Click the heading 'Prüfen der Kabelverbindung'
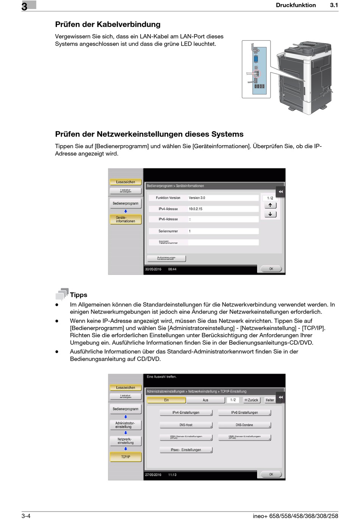pyautogui.click(x=108, y=25)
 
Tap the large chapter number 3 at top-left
pyautogui.click(x=25, y=6)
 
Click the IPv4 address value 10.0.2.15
pyautogui.click(x=196, y=209)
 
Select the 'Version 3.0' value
pyautogui.click(x=197, y=198)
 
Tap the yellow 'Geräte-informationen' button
pyautogui.click(x=125, y=220)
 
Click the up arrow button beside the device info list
pyautogui.click(x=270, y=206)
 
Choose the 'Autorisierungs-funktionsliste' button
pyautogui.click(x=166, y=258)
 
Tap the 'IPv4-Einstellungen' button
pyautogui.click(x=186, y=413)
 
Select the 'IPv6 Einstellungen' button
pyautogui.click(x=244, y=413)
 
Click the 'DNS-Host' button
pyautogui.click(x=186, y=425)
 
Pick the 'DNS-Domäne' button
pyautogui.click(x=244, y=425)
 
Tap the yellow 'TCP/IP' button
pyautogui.click(x=125, y=457)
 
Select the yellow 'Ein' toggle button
pyautogui.click(x=166, y=400)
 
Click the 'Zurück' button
pyautogui.click(x=251, y=400)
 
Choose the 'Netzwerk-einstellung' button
pyautogui.click(x=125, y=441)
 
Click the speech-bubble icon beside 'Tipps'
pyautogui.click(x=62, y=294)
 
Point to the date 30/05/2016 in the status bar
pyautogui.click(x=153, y=269)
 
